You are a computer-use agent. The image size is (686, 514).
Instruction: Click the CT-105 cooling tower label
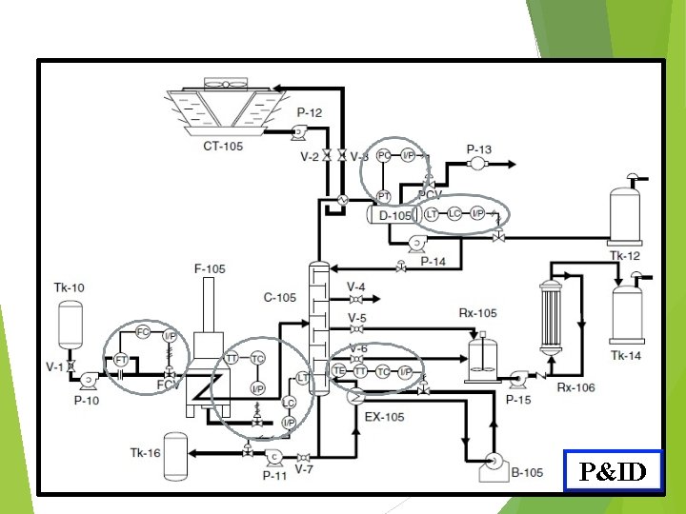point(224,146)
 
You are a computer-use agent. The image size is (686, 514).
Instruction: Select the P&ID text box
point(612,469)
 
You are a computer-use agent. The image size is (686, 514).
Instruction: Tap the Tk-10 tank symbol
point(70,326)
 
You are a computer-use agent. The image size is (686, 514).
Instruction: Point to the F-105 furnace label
point(210,269)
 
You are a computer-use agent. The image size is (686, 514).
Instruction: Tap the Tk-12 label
point(625,256)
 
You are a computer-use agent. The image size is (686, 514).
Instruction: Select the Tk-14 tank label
point(625,355)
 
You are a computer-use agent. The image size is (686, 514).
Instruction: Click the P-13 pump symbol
point(477,164)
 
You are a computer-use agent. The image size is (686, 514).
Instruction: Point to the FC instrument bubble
point(143,332)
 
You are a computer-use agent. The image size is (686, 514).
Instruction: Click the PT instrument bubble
point(384,196)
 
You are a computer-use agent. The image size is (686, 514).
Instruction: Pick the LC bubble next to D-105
point(454,213)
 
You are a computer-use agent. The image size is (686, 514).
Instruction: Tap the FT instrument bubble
point(121,360)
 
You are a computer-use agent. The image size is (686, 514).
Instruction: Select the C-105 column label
point(280,298)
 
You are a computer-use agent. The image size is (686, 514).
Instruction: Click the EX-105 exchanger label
point(384,417)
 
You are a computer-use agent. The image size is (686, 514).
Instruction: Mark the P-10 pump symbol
point(88,381)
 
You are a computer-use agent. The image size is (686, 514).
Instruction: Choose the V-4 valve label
point(355,287)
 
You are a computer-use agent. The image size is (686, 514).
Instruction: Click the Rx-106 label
point(575,386)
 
